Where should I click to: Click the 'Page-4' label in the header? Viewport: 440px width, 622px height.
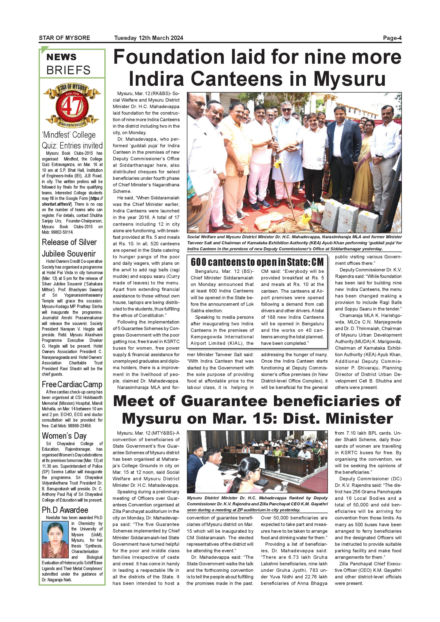[392, 38]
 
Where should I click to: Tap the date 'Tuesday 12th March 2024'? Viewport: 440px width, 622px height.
[149, 38]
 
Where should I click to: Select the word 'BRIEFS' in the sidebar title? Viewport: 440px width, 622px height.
[68, 70]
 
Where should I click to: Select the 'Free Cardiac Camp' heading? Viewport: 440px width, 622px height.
[72, 384]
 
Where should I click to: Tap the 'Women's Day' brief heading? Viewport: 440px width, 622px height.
[64, 436]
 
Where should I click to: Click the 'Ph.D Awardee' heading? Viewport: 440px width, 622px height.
[65, 510]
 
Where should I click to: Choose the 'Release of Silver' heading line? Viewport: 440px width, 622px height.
[69, 242]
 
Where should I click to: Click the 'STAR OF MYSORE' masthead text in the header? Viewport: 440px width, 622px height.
[64, 38]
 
